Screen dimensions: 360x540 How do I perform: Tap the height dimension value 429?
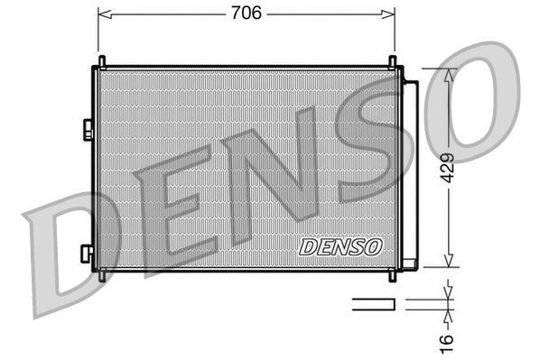point(449,168)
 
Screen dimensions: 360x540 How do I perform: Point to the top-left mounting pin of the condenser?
point(101,61)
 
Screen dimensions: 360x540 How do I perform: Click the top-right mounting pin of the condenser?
point(393,61)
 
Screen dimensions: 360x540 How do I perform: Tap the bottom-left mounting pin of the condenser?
point(101,276)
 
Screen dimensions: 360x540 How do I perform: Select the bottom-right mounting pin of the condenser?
point(393,276)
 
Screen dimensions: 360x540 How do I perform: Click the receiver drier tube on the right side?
point(409,171)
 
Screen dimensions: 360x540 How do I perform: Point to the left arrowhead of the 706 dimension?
point(103,14)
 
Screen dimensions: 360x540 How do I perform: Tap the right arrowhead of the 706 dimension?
point(389,14)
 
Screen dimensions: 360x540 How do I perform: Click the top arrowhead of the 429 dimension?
point(449,73)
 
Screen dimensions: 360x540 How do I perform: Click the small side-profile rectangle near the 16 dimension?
point(373,304)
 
